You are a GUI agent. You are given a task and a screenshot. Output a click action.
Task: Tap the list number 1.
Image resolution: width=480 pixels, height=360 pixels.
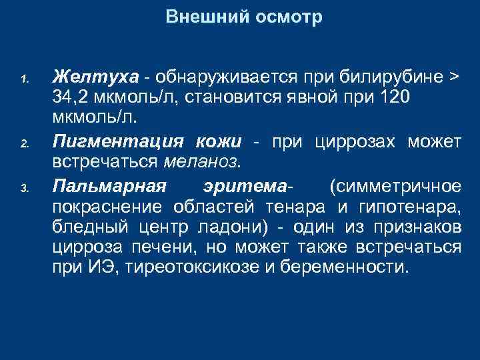(23, 80)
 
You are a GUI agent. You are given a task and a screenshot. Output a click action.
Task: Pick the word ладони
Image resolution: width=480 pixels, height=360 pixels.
(230, 227)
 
